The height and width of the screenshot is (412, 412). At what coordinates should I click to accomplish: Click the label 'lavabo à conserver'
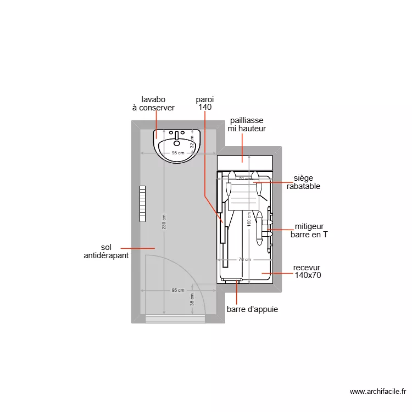pyautogui.click(x=153, y=104)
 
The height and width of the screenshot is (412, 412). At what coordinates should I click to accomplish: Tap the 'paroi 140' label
pyautogui.click(x=205, y=104)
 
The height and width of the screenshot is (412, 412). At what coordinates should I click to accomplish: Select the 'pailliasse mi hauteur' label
pyautogui.click(x=247, y=124)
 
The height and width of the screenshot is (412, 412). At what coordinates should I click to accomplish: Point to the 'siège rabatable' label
pyautogui.click(x=303, y=182)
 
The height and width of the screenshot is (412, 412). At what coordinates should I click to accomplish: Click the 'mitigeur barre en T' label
pyautogui.click(x=309, y=230)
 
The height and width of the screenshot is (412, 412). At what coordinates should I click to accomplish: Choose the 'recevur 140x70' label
pyautogui.click(x=308, y=271)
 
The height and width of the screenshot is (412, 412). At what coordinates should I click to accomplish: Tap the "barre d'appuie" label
pyautogui.click(x=252, y=309)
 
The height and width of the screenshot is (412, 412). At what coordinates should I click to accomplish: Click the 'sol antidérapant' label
pyautogui.click(x=106, y=252)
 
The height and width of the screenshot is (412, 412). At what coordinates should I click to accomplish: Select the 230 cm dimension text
pyautogui.click(x=164, y=222)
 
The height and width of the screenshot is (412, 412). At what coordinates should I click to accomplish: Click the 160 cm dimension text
pyautogui.click(x=249, y=220)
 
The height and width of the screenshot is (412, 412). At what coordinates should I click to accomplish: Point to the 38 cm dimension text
pyautogui.click(x=192, y=299)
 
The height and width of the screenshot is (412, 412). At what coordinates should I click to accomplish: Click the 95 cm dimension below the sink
pyautogui.click(x=177, y=153)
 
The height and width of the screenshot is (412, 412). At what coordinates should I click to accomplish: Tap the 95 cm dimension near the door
pyautogui.click(x=177, y=290)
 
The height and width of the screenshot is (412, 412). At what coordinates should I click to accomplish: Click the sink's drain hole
pyautogui.click(x=177, y=143)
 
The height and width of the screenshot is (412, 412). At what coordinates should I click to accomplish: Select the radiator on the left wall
pyautogui.click(x=143, y=203)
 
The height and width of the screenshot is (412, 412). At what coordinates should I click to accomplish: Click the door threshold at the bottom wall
pyautogui.click(x=175, y=319)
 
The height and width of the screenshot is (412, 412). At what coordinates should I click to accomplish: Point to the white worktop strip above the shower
pyautogui.click(x=245, y=163)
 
